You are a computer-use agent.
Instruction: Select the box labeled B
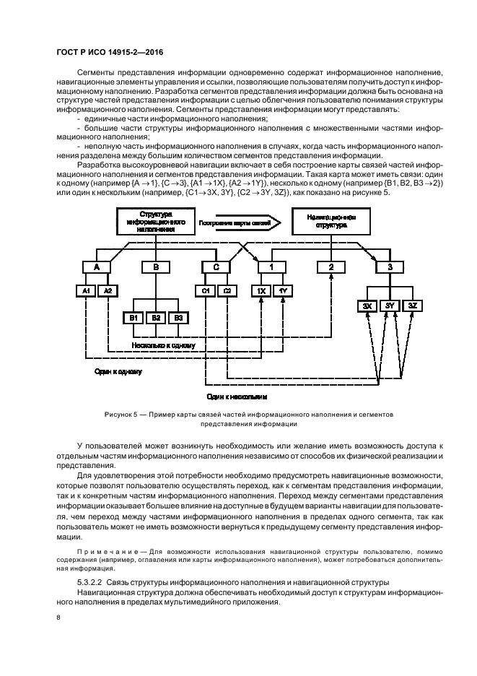tap(155, 266)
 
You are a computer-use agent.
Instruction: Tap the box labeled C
tap(216, 266)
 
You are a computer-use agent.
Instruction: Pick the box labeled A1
tap(86, 290)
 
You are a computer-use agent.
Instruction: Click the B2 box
tap(155, 317)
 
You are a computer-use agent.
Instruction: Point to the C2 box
tap(227, 290)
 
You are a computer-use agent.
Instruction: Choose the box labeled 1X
tap(261, 290)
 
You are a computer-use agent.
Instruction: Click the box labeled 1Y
tap(284, 290)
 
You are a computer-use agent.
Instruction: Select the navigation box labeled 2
tap(331, 266)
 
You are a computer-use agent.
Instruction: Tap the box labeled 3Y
tap(389, 305)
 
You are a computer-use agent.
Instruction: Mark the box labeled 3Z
tap(411, 305)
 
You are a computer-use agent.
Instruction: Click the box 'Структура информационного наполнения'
tap(157, 221)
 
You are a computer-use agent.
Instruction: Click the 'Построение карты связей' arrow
tap(237, 221)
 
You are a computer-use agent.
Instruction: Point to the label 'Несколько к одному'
tap(164, 346)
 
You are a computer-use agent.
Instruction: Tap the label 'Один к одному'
tap(118, 372)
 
